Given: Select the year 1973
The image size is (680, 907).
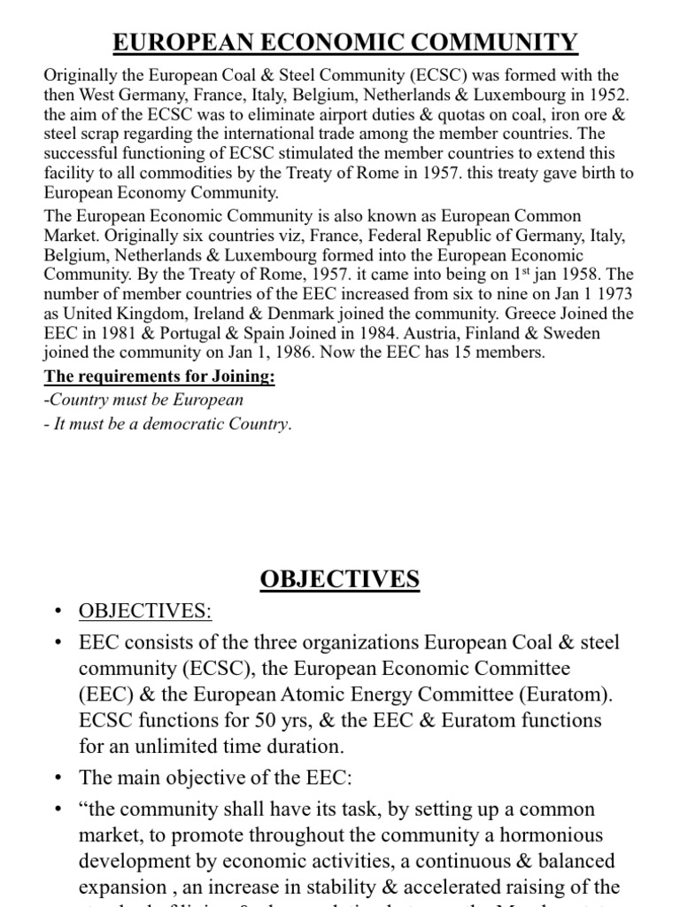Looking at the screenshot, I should [x=614, y=294].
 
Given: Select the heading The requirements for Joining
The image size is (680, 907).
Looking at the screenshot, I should [x=160, y=378].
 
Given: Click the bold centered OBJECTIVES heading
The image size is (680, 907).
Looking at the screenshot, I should [x=340, y=580].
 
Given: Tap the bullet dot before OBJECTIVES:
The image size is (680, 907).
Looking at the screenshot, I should [x=58, y=613].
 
